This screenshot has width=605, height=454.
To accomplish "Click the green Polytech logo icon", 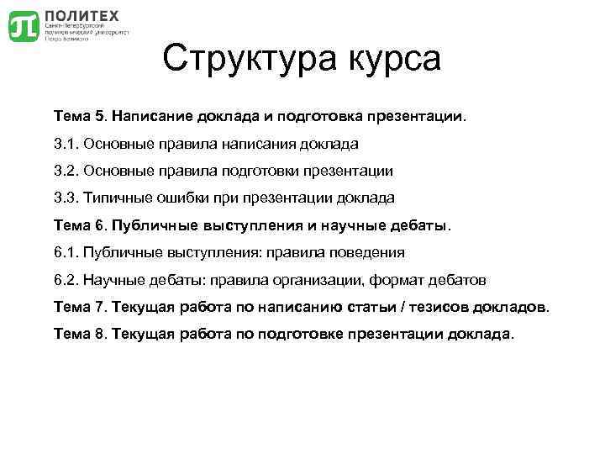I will click(x=23, y=26).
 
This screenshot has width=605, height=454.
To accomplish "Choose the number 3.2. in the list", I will click(x=66, y=171).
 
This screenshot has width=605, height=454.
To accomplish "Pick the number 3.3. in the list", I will click(x=66, y=198).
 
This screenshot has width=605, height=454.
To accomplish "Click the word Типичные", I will click(x=119, y=198).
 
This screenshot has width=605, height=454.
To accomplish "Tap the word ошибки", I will click(x=189, y=198).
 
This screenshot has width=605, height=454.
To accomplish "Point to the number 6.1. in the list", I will click(x=66, y=252).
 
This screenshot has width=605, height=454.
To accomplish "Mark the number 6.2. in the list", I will click(x=66, y=279).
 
